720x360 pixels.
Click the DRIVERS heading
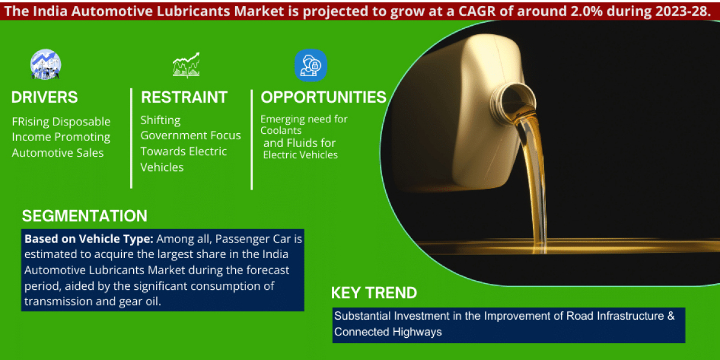click(x=44, y=97)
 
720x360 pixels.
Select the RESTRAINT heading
click(x=184, y=97)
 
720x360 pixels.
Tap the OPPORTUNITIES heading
click(x=323, y=97)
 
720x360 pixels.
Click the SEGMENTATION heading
click(x=85, y=216)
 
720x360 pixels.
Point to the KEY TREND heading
click(x=374, y=293)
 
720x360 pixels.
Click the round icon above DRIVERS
click(x=46, y=65)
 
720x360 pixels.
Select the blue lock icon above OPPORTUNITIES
click(x=311, y=65)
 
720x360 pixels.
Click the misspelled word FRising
click(x=31, y=122)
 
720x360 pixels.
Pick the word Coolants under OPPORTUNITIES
click(x=281, y=130)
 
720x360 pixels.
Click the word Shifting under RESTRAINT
click(x=160, y=120)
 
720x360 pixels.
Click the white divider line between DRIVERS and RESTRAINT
click(x=131, y=138)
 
